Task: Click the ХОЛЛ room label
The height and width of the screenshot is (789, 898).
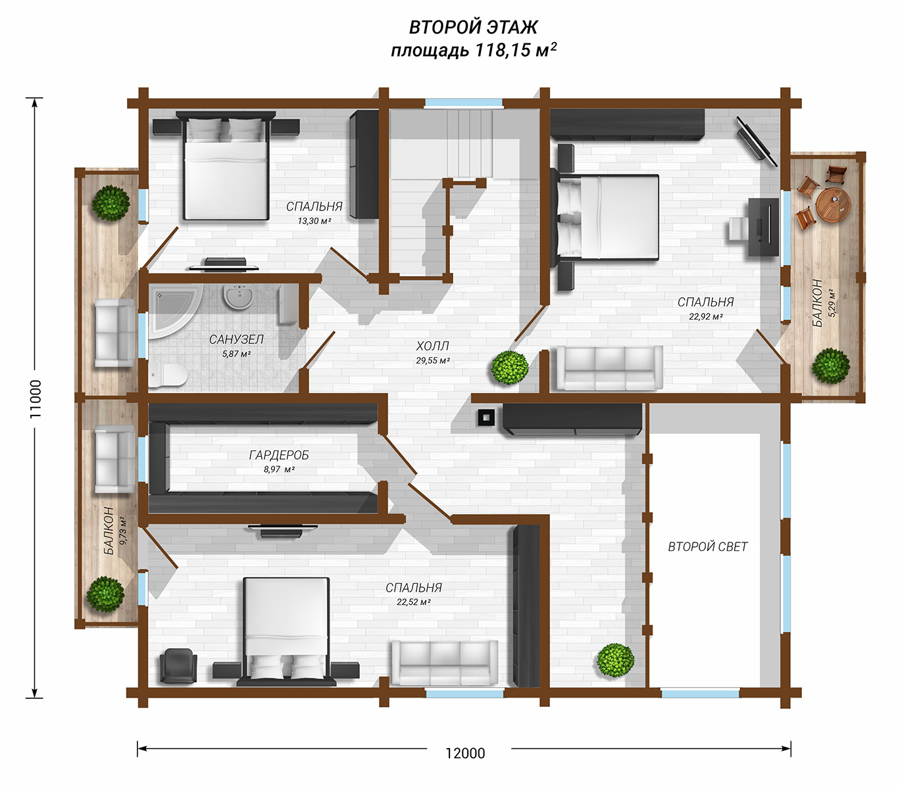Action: (432, 346)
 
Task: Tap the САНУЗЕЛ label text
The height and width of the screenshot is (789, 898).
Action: (236, 339)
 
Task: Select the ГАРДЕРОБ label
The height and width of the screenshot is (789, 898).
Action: (279, 455)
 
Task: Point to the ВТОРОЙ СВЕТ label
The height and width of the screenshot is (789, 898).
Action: (707, 546)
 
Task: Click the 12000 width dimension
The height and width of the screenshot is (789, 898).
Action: (465, 753)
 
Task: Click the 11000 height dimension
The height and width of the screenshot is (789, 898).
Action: (35, 398)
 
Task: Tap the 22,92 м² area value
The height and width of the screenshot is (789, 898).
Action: (706, 316)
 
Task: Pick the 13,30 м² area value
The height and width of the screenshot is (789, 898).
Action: (314, 221)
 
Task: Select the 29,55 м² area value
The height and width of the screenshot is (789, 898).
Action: (433, 360)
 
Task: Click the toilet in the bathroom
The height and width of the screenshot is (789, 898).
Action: (168, 375)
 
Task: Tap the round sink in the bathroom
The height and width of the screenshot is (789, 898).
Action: (238, 297)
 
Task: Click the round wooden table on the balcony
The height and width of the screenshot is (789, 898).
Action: (834, 205)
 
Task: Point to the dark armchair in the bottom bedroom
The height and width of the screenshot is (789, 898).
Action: (178, 666)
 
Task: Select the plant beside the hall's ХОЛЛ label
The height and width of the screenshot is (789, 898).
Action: (510, 368)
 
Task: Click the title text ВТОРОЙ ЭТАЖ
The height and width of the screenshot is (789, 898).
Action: (473, 27)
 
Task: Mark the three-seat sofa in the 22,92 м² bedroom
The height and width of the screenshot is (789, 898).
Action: (610, 368)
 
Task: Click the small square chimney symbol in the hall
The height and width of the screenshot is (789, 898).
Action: (486, 418)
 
